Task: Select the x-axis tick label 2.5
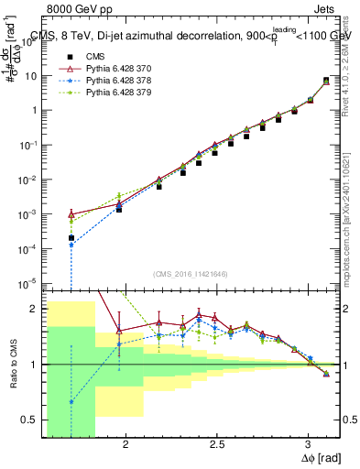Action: pos(216,444)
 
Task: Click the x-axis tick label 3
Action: pos(308,444)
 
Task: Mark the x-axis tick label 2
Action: pos(125,444)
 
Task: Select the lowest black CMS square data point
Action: pos(71,238)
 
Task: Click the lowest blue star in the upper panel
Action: pos(71,245)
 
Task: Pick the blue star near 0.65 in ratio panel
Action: pos(71,402)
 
